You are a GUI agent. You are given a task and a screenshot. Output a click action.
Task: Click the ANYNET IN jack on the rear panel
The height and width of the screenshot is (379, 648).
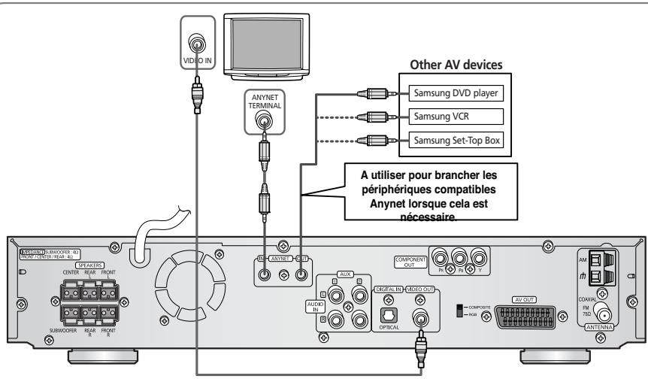264,274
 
